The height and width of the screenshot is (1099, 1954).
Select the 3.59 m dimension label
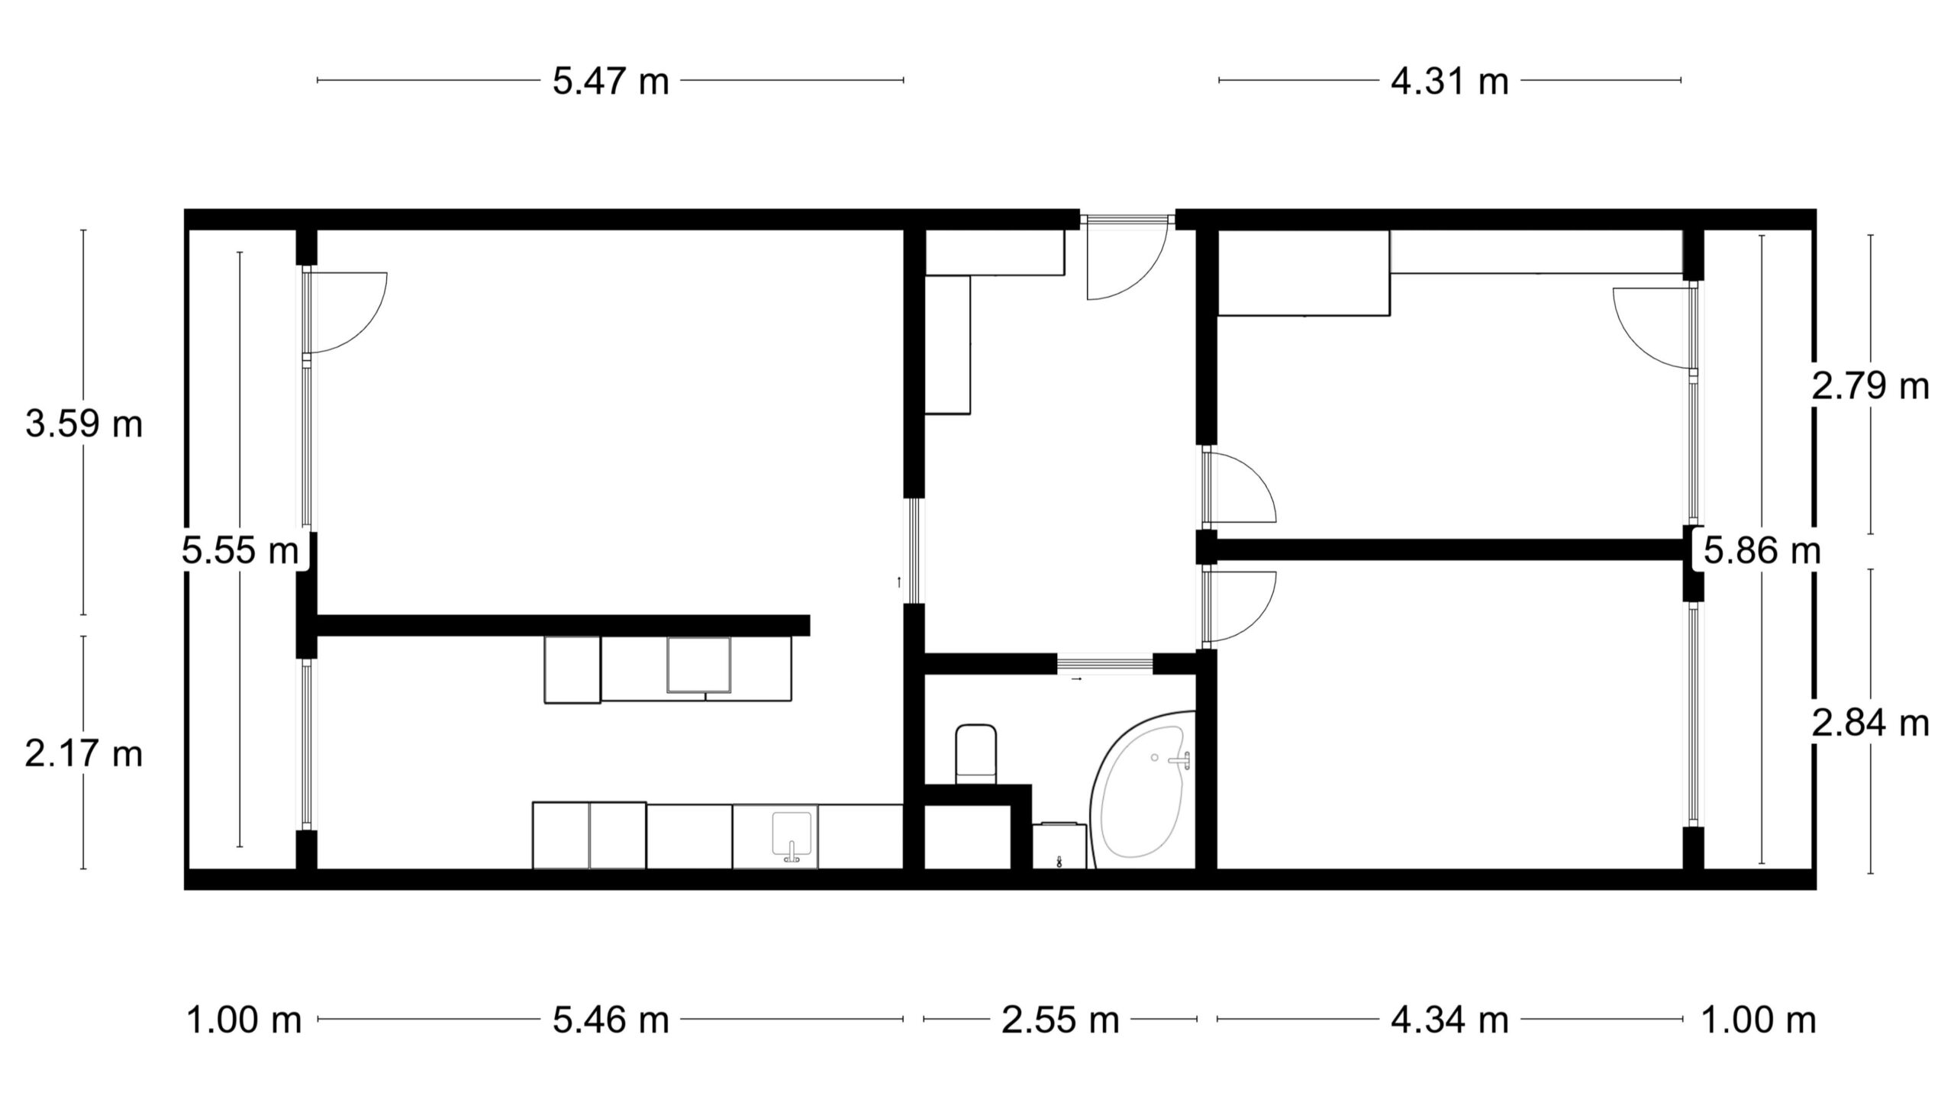click(x=84, y=424)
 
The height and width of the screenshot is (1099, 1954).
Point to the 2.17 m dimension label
click(x=84, y=754)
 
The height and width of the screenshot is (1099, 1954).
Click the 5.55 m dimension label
click(x=240, y=549)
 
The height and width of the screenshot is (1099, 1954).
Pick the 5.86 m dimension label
click(x=1762, y=549)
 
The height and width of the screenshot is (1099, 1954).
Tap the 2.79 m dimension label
click(x=1870, y=386)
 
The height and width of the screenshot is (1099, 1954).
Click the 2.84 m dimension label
click(x=1870, y=723)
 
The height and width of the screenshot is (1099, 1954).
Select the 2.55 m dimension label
click(x=1060, y=1020)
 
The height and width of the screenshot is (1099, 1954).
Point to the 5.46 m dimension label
click(x=611, y=1020)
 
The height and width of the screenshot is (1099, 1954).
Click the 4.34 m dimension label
click(x=1449, y=1020)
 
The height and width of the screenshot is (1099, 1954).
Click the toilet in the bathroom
click(x=976, y=754)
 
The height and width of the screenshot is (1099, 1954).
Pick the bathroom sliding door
click(x=1104, y=664)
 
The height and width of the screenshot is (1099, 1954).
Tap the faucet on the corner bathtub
click(x=1180, y=759)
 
